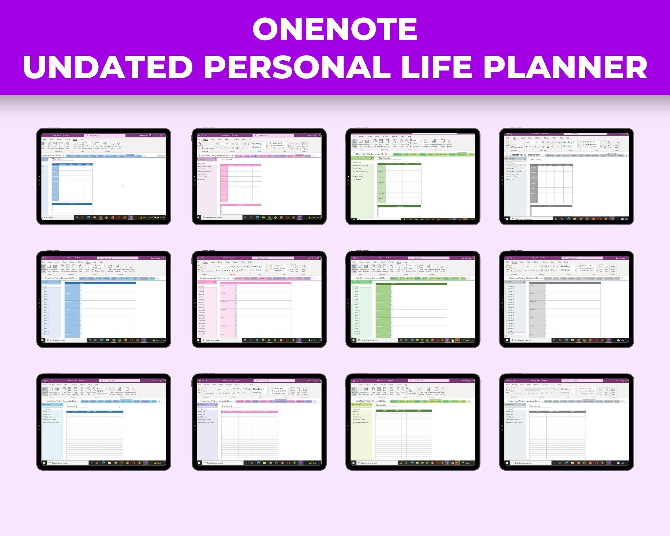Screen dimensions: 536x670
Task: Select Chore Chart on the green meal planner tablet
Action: [357, 180]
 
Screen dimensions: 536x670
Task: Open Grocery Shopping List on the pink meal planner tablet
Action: [204, 166]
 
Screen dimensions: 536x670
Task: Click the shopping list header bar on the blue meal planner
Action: [72, 204]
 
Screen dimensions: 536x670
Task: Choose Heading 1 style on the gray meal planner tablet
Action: [569, 142]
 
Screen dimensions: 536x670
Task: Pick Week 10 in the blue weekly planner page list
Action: [46, 310]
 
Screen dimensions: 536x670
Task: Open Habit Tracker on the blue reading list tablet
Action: [47, 417]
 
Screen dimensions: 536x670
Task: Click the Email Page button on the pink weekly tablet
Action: [304, 267]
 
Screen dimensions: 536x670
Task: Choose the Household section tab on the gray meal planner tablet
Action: [612, 155]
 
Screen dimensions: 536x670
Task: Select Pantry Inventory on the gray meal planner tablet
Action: [512, 177]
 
